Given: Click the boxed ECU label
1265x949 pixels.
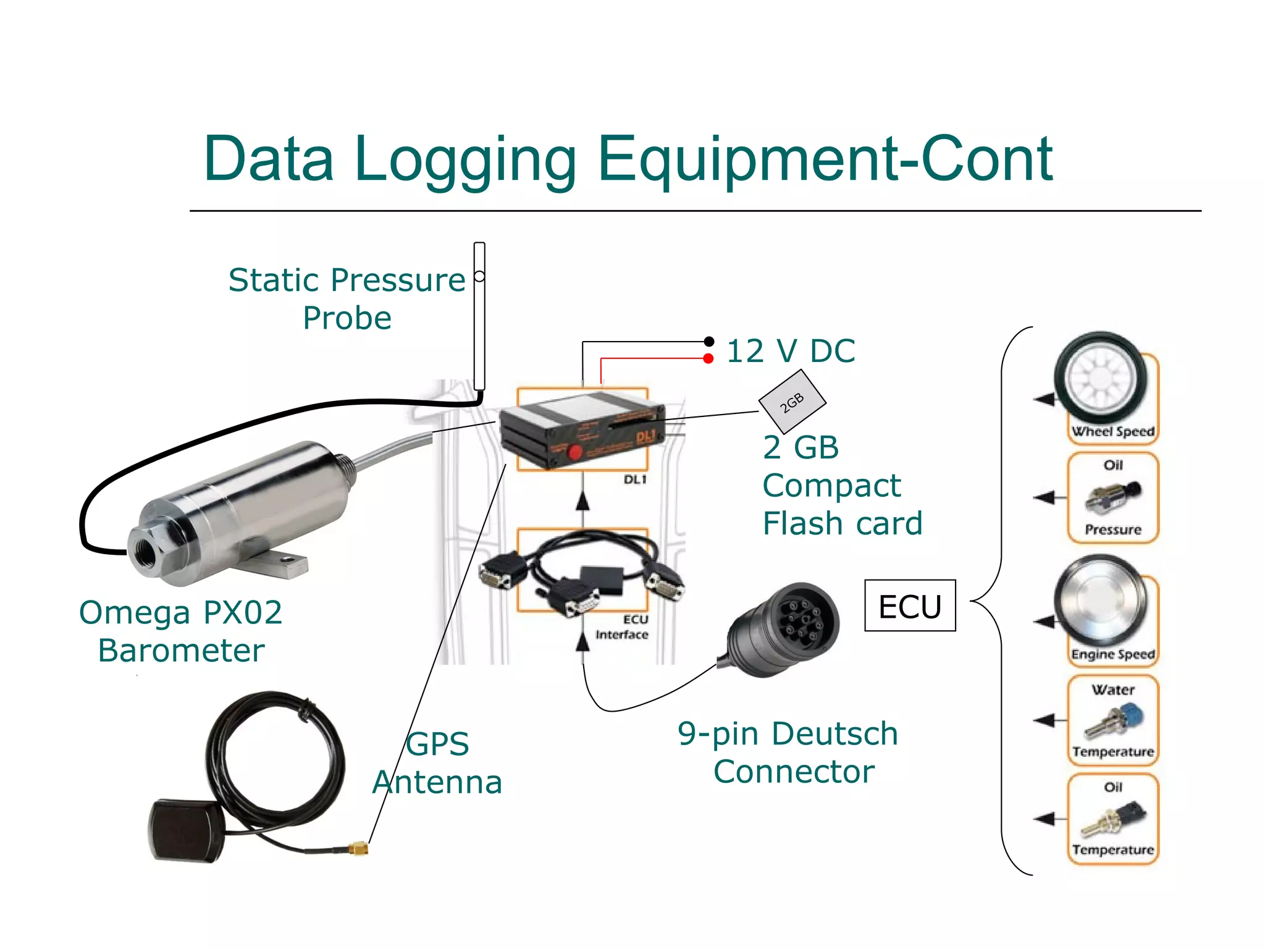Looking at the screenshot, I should (x=910, y=605).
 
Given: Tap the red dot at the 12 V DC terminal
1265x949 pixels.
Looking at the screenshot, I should (x=708, y=358).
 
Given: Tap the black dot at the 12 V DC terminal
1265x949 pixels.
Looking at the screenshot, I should (x=709, y=341).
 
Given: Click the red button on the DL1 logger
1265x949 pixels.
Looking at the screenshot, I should (x=574, y=452).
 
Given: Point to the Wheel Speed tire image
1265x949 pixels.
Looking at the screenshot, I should (x=1101, y=378).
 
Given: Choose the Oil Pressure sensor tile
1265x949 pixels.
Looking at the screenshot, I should (x=1113, y=498).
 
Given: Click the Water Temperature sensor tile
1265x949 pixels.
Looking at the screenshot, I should (x=1113, y=720).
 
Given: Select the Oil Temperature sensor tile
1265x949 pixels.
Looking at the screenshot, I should (x=1113, y=819).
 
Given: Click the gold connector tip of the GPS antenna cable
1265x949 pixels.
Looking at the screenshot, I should (x=359, y=849).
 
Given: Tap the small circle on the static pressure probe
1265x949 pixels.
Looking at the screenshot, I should (x=479, y=276).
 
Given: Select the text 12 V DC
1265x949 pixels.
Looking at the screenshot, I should (x=791, y=351).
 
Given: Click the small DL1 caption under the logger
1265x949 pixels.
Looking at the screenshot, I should (x=634, y=479).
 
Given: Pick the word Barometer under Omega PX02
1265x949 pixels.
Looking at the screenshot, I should (x=181, y=651).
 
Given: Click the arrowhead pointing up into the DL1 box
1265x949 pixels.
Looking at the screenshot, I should (x=582, y=502).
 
